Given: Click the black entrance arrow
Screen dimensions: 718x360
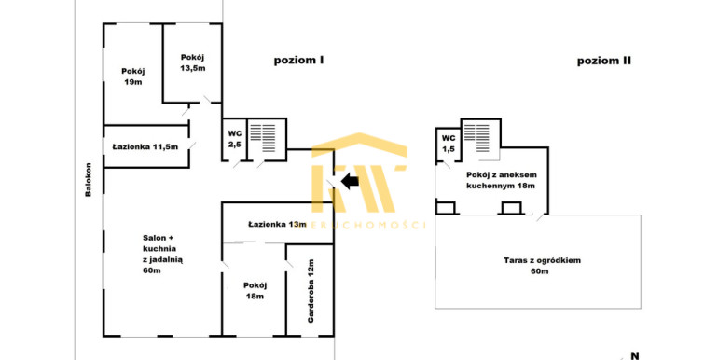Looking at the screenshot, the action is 350,181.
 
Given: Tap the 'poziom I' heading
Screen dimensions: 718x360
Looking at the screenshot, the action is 298,60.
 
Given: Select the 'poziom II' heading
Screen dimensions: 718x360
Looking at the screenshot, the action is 604,61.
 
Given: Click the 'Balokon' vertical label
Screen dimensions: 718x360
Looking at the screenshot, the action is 89,180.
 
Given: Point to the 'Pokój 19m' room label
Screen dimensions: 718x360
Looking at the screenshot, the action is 133,76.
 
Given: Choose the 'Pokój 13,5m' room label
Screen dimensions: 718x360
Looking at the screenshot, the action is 193,62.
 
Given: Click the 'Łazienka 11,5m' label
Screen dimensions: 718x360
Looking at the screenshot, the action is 145,147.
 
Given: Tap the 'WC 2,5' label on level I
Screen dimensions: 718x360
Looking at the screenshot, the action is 234,139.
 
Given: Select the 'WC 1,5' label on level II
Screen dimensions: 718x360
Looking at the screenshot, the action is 449,144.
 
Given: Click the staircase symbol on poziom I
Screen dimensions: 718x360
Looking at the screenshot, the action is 263,138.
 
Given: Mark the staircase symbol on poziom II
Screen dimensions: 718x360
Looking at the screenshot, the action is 476,138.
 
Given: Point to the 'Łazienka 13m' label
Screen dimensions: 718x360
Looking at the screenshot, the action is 277,225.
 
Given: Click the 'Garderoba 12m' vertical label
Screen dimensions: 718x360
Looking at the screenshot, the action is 311,291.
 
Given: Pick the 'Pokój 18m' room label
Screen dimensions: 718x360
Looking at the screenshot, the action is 255,291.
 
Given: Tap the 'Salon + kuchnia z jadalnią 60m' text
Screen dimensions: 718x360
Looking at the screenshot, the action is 163,255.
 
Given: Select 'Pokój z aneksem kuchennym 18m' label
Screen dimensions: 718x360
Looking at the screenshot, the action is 502,180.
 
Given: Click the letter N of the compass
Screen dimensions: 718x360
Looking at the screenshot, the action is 635,355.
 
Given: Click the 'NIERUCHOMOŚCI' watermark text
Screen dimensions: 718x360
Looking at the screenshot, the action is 366,225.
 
